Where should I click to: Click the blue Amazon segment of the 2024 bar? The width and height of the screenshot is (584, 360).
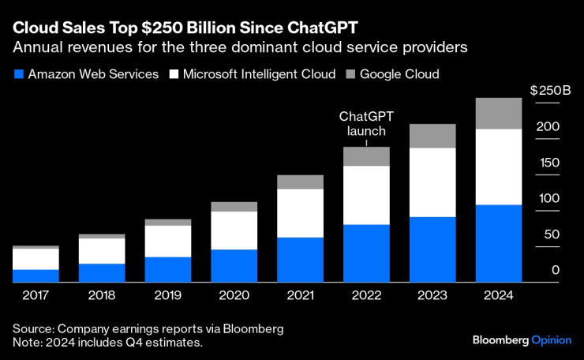[498, 243]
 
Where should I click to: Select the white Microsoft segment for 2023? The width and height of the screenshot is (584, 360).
[432, 182]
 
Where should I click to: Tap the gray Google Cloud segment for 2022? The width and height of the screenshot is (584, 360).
[366, 156]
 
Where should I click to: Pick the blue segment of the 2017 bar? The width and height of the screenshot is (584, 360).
[36, 276]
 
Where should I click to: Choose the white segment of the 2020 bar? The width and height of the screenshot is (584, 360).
[234, 231]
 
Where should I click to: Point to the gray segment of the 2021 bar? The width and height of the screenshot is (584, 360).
[300, 182]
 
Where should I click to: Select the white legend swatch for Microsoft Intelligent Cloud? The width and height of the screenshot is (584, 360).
[173, 74]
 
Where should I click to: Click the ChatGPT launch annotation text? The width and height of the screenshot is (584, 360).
[366, 123]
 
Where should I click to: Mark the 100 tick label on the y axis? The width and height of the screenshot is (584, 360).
[548, 198]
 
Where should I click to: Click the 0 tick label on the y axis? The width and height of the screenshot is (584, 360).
[556, 270]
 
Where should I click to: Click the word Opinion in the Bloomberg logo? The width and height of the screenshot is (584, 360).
[549, 339]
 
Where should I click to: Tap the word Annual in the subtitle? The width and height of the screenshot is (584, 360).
[36, 47]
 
